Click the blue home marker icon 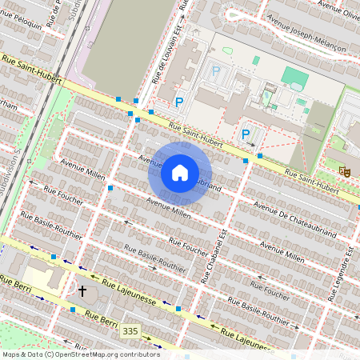pyautogui.click(x=180, y=173)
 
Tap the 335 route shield pyautogui.click(x=130, y=330)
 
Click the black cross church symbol pyautogui.click(x=82, y=291)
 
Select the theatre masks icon pyautogui.click(x=344, y=170)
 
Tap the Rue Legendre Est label pyautogui.click(x=345, y=275)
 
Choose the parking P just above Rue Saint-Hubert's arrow pyautogui.click(x=246, y=134)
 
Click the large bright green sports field pyautogui.click(x=294, y=78)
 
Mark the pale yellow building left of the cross pyautogui.click(x=42, y=279)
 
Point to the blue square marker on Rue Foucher pyautogui.click(x=110, y=189)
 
